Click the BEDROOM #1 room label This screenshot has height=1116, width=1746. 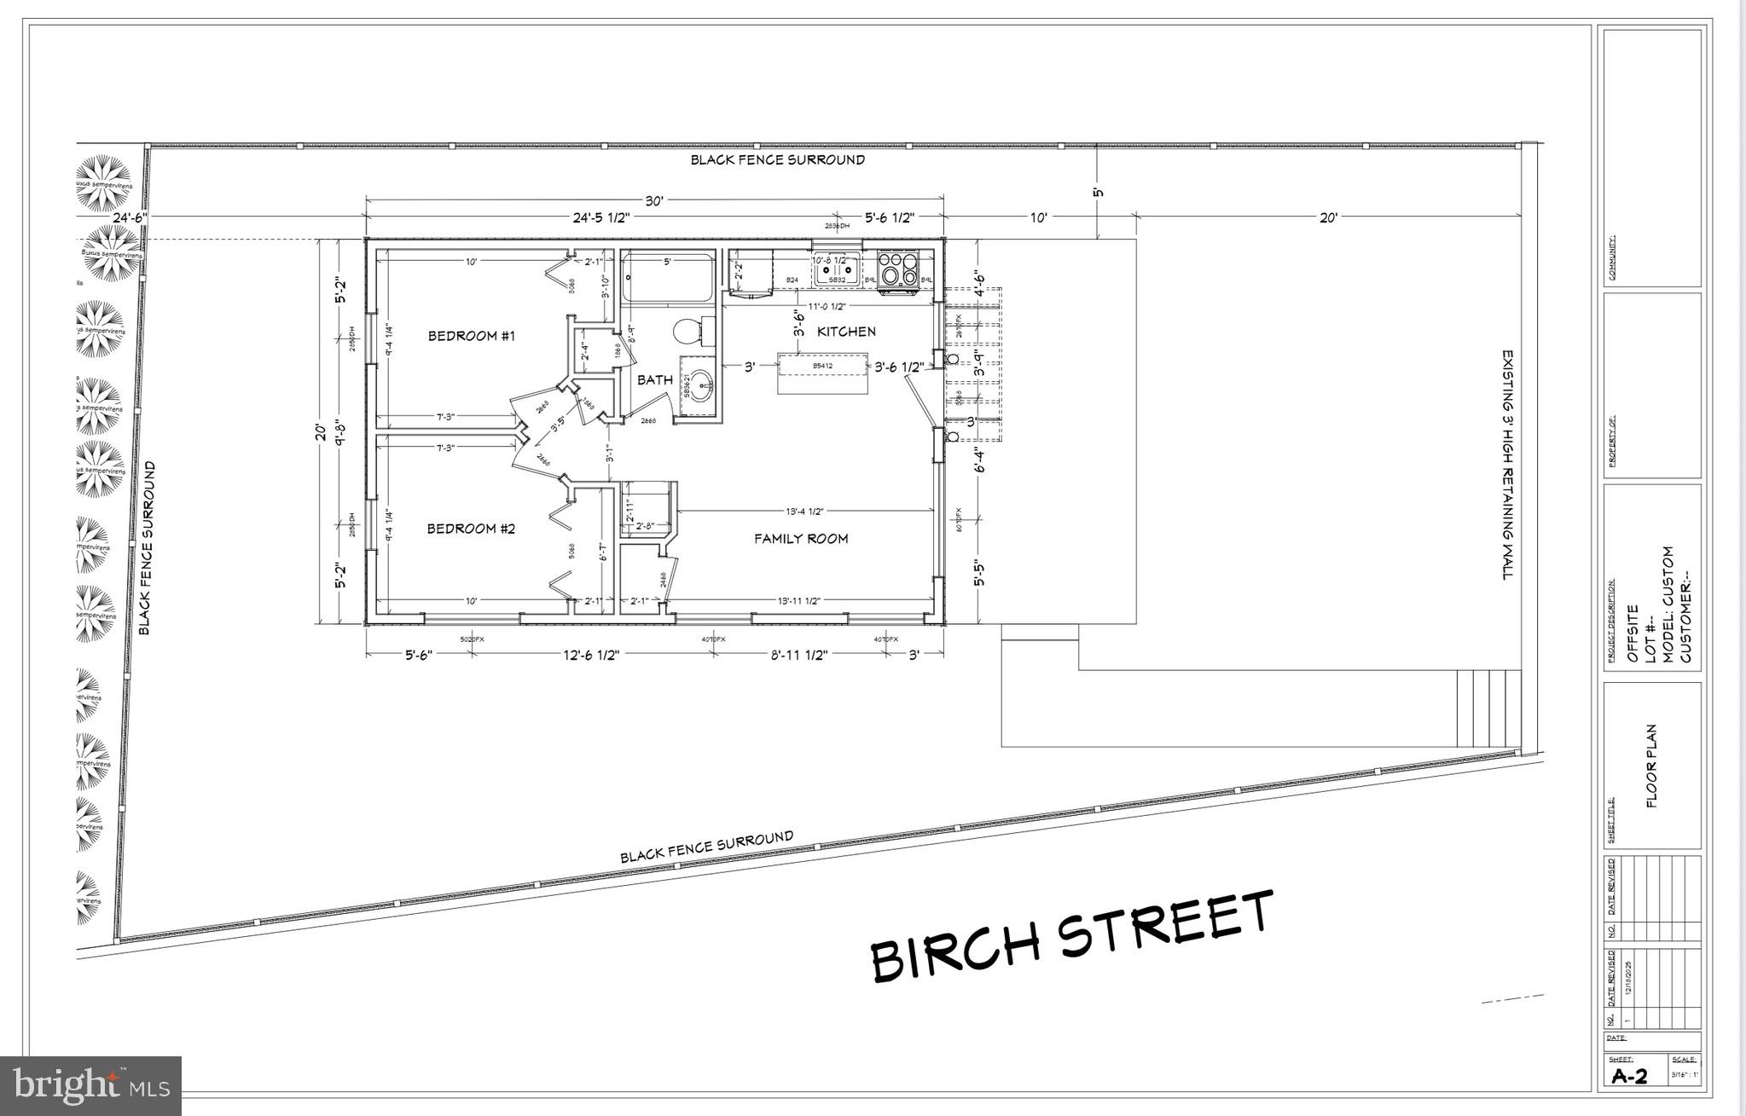pos(472,336)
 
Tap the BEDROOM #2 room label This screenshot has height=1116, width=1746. pos(471,529)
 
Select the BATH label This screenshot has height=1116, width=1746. pos(654,380)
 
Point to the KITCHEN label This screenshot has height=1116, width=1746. pos(846,332)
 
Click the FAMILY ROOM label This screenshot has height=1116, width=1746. pos(801,539)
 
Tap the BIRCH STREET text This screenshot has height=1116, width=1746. pos(1071,936)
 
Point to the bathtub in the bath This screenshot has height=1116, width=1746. pos(667,279)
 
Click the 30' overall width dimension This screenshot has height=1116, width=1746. pos(653,201)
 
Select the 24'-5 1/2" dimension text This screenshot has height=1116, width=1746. pos(600,217)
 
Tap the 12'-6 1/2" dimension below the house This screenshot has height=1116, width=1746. pos(590,655)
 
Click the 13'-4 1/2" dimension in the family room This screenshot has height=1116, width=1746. pos(803,512)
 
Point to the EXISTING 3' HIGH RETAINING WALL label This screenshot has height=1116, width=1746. pos(1508,465)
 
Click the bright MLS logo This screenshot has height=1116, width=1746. pos(91,1085)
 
